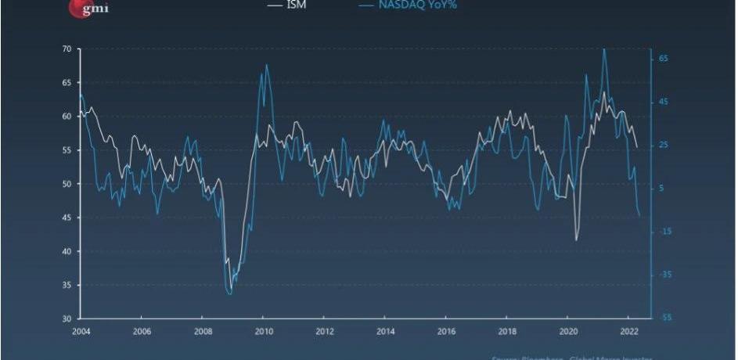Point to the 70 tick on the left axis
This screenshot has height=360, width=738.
click(67, 49)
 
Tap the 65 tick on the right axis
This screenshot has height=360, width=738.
click(662, 59)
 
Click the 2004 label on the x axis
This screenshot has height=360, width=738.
click(81, 331)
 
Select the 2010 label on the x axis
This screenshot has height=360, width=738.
click(263, 331)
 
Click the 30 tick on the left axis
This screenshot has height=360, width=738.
click(67, 319)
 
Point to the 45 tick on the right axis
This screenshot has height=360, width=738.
click(662, 102)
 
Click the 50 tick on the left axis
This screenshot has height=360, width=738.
click(67, 184)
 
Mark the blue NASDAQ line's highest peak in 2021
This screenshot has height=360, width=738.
click(603, 49)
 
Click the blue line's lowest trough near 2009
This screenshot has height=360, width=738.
click(229, 294)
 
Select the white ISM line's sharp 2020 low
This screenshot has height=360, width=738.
click(577, 239)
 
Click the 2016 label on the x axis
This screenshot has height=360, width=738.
click(445, 331)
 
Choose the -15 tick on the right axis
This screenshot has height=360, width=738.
click(662, 232)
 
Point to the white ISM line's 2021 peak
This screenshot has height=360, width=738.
click(603, 92)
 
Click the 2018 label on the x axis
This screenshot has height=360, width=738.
click(506, 331)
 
